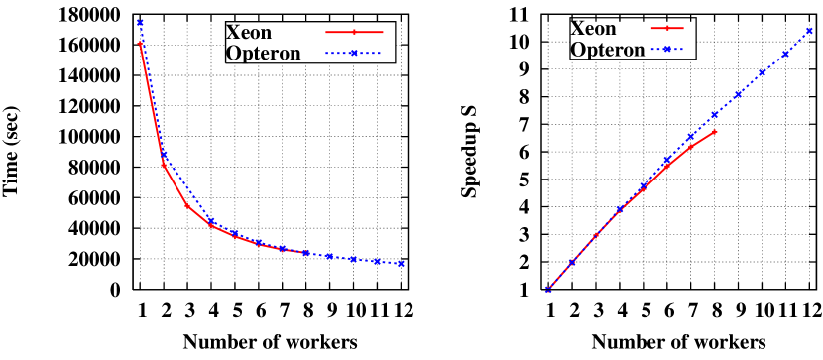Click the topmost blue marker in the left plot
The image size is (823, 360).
140,22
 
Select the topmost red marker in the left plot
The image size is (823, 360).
140,44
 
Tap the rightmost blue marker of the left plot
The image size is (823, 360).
401,263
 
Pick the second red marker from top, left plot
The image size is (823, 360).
164,165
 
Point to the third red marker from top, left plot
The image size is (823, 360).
187,206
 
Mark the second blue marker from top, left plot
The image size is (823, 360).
164,155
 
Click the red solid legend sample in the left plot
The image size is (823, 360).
354,32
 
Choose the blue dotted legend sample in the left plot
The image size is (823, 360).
354,53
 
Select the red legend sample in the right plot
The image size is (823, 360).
667,28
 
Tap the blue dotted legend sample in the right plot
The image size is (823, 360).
667,49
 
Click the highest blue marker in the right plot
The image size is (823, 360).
809,31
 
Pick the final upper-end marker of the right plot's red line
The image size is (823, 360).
714,131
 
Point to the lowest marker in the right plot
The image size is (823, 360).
548,289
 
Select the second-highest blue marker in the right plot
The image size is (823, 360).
785,53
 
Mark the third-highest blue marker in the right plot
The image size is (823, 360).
762,72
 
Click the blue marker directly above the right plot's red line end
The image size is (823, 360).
714,115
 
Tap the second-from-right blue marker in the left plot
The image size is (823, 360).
377,261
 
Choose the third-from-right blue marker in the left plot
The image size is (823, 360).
353,259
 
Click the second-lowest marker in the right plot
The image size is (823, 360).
572,262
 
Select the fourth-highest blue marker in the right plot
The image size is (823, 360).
738,94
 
